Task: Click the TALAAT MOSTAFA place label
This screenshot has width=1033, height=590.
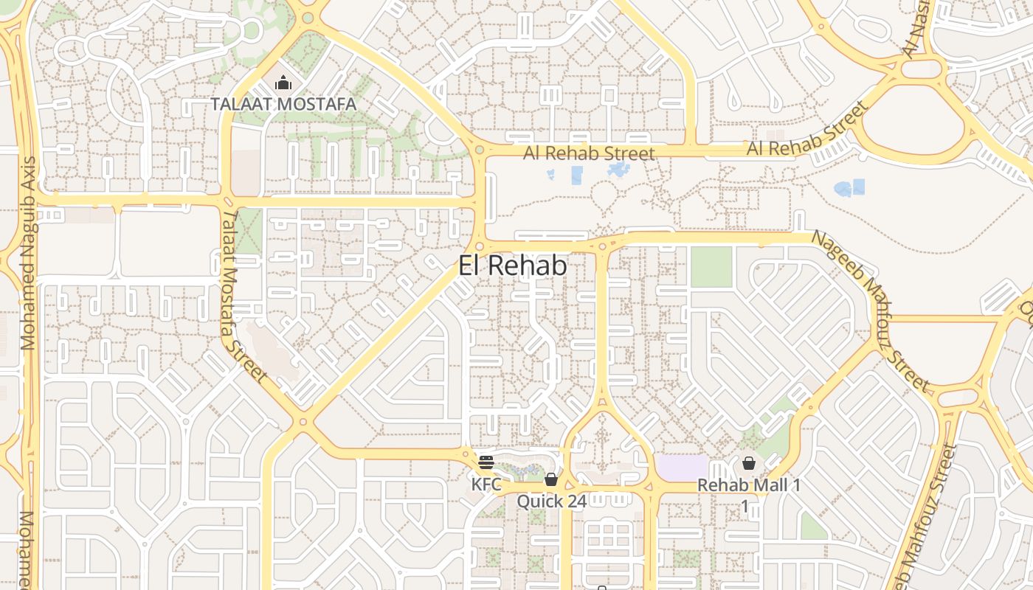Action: point(283,104)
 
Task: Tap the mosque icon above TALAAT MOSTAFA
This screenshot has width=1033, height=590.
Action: point(283,83)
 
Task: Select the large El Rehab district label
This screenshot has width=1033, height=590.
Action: point(513,265)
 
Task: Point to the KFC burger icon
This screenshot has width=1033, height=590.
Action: point(486,462)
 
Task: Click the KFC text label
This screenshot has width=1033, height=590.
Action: point(486,485)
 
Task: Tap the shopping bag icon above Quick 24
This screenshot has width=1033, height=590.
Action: point(550,480)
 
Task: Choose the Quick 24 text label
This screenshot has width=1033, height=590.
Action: point(551,502)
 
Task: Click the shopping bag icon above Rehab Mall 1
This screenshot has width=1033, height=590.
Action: point(749,463)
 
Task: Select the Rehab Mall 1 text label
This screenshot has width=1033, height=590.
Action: point(749,485)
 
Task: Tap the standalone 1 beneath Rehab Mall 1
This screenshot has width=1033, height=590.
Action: point(745,506)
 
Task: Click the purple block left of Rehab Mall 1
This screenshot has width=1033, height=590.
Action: point(681,468)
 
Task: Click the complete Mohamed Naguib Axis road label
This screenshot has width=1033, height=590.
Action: point(29,252)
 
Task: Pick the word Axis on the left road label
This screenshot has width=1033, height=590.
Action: point(29,176)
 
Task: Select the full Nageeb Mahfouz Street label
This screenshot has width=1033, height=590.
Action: point(870,310)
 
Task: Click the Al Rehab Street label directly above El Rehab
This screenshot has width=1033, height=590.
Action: point(589,153)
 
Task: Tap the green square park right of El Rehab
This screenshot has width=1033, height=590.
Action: point(711,267)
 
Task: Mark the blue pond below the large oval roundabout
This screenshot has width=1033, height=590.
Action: point(850,188)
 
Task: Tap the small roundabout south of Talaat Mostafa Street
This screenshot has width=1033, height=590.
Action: point(302,423)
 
